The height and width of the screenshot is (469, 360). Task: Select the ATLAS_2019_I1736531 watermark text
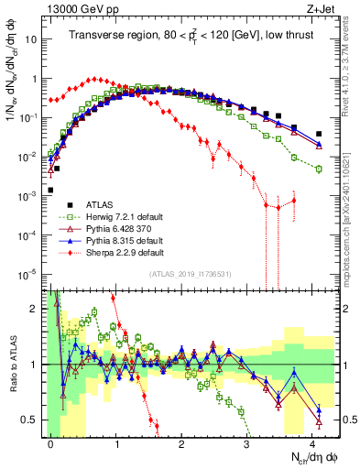[x=183, y=274]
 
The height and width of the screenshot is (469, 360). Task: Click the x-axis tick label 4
[x=312, y=441]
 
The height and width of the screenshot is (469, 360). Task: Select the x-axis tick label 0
[x=51, y=441]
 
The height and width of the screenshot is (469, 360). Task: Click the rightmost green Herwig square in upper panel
[x=319, y=169]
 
